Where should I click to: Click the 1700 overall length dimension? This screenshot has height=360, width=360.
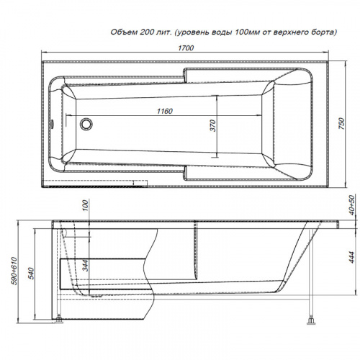[x=186, y=48]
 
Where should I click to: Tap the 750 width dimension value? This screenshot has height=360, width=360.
[x=341, y=124]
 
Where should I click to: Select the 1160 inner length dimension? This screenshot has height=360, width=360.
[x=165, y=111]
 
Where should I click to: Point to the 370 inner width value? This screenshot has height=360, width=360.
[x=213, y=125]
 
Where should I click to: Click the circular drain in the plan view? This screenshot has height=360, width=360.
[x=86, y=124]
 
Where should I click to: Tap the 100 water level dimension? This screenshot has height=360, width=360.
[x=86, y=206]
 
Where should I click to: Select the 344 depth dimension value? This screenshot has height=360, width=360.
[x=86, y=265]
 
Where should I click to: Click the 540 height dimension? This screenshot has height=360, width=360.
[x=32, y=274]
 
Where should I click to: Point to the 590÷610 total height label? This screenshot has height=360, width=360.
[x=14, y=271]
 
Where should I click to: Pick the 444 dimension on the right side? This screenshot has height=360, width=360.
[x=351, y=257]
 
